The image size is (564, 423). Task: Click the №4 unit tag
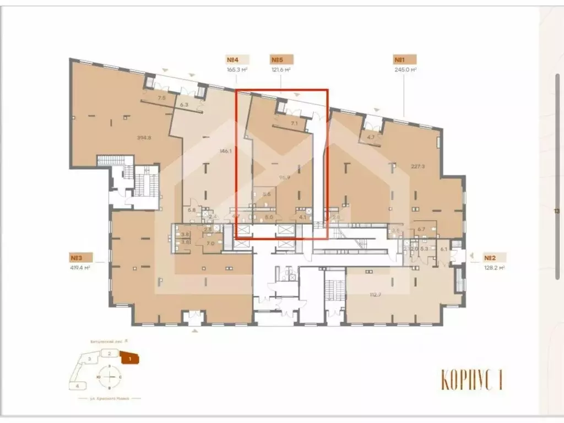click(x=237, y=60)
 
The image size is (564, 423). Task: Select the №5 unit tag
click(x=281, y=60)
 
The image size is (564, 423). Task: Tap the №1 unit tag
click(x=404, y=60)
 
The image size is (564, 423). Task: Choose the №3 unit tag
click(x=80, y=257)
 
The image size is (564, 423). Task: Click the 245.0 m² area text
click(x=404, y=70)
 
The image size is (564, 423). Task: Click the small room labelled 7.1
click(x=294, y=124)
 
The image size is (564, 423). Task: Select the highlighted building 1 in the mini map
click(x=129, y=359)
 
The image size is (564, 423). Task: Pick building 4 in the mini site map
click(x=78, y=386)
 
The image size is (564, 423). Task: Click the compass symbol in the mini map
click(x=111, y=377)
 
